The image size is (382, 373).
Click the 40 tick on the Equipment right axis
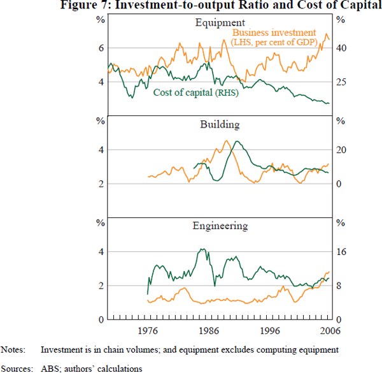[339, 48]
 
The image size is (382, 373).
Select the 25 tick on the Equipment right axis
[339, 82]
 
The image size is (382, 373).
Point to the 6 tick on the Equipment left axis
[100, 48]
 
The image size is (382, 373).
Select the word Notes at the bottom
[13, 349]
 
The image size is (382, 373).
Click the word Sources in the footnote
[16, 368]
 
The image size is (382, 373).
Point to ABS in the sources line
[50, 368]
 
